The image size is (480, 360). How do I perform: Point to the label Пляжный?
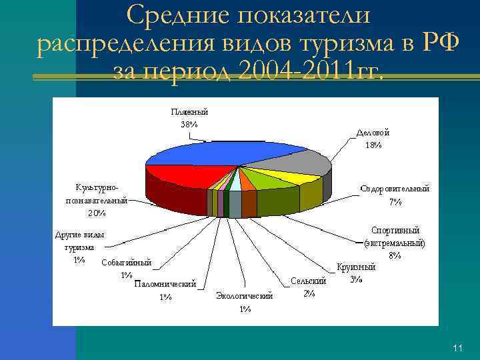189,112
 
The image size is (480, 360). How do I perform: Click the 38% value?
189,124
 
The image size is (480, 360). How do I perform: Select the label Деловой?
373,133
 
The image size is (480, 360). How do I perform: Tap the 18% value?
373,145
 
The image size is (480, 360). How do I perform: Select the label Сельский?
309,282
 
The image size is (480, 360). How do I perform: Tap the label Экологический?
245,296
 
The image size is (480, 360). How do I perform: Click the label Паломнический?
165,285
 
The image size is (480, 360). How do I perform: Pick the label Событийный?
127,263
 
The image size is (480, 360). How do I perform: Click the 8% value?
395,255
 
